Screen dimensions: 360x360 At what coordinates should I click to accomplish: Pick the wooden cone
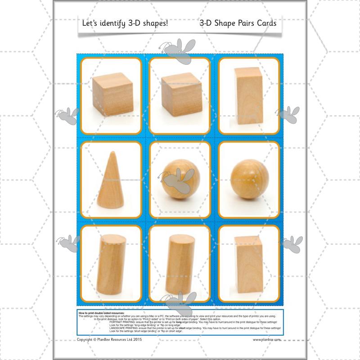click(110, 184)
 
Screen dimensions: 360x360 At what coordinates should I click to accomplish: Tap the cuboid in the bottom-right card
click(249, 264)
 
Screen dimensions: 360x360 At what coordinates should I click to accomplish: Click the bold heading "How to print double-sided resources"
click(101, 312)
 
